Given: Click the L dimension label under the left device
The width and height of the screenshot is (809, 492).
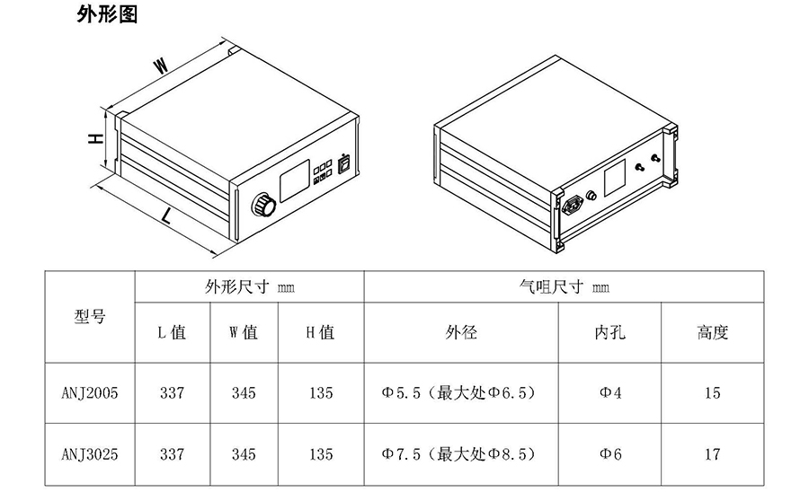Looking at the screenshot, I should [166, 215].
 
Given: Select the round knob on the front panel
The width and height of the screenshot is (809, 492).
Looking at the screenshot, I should [263, 205].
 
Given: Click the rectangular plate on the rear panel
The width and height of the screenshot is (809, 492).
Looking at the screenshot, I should [615, 177].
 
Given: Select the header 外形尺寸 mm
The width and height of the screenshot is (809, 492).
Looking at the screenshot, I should [250, 287].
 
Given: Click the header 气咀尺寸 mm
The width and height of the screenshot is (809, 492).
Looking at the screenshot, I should [565, 287].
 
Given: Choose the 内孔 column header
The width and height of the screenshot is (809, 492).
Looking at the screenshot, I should [610, 332].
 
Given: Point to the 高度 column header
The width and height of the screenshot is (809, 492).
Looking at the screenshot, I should [712, 332].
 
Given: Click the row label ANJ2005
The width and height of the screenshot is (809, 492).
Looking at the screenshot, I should [90, 392].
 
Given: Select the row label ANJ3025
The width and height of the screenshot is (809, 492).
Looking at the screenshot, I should [90, 453].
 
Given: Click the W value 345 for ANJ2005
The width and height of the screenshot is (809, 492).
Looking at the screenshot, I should [244, 392].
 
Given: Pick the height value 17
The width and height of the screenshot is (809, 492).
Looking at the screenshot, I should [712, 453].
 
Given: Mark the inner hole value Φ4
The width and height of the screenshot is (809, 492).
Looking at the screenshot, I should [610, 392].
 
